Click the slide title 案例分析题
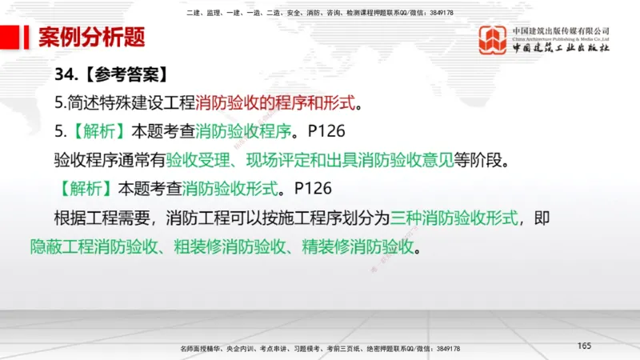(91, 37)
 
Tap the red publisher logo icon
(493, 40)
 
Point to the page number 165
(584, 346)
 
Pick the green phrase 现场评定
(274, 160)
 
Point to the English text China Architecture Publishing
(559, 38)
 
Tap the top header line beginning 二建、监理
(319, 13)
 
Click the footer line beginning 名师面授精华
(320, 349)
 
